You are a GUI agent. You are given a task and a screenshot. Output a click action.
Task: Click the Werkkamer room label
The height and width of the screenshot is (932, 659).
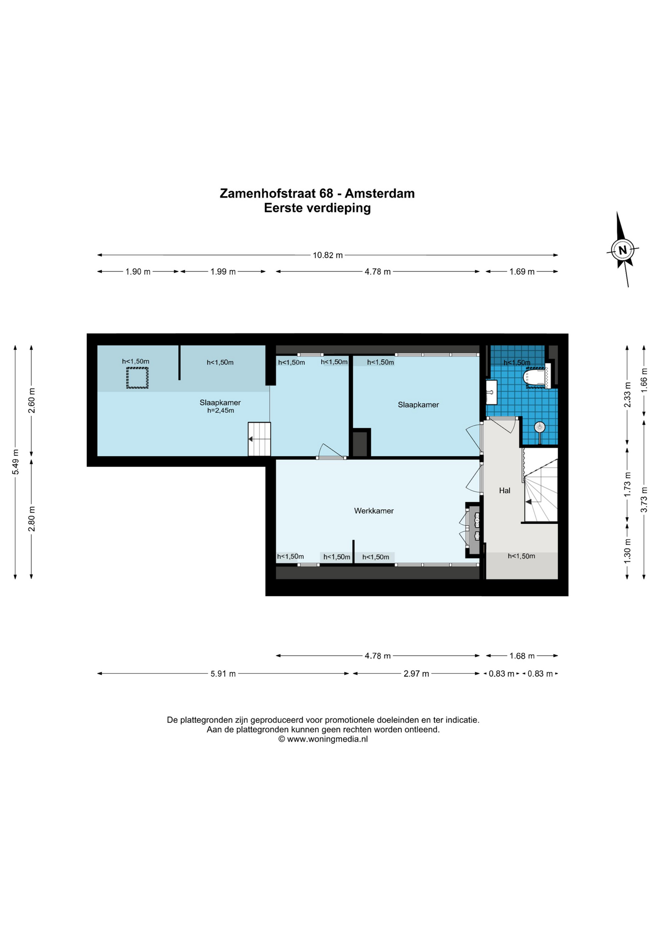pyautogui.click(x=374, y=511)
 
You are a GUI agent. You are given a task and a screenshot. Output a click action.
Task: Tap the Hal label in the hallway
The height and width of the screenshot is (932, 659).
pyautogui.click(x=505, y=490)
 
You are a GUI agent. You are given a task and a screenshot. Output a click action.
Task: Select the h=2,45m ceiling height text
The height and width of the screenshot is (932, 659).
pyautogui.click(x=220, y=411)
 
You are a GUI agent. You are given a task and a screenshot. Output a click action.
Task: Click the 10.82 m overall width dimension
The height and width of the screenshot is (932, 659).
pyautogui.click(x=328, y=255)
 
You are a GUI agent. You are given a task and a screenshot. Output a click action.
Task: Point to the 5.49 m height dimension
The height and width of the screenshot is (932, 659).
pyautogui.click(x=16, y=466)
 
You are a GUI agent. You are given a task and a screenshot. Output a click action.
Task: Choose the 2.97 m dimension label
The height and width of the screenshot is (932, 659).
pyautogui.click(x=416, y=674)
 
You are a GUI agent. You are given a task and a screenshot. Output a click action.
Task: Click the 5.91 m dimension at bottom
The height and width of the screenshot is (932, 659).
pyautogui.click(x=223, y=674)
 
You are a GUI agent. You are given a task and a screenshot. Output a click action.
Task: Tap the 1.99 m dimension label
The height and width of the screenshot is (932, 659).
pyautogui.click(x=223, y=272)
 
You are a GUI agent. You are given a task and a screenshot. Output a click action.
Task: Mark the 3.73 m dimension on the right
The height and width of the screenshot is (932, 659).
pyautogui.click(x=644, y=499)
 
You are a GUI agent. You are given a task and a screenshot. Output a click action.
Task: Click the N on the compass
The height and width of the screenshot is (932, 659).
pyautogui.click(x=623, y=250)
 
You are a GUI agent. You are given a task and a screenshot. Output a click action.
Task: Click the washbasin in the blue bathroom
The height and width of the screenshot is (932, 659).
pyautogui.click(x=491, y=392)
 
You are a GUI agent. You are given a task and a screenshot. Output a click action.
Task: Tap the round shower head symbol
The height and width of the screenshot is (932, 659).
pyautogui.click(x=540, y=428)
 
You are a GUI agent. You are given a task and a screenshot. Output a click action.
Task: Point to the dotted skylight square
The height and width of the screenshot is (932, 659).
pyautogui.click(x=137, y=378)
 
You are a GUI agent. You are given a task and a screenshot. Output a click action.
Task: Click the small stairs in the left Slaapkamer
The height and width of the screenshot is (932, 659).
pyautogui.click(x=259, y=439)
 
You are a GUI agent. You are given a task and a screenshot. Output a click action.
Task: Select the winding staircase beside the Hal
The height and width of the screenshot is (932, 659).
pyautogui.click(x=540, y=485)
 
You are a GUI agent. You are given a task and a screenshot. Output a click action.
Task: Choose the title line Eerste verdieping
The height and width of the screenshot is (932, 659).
pyautogui.click(x=317, y=208)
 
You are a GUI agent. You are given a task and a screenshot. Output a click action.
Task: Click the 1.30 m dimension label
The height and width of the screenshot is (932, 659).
pyautogui.click(x=627, y=551)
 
